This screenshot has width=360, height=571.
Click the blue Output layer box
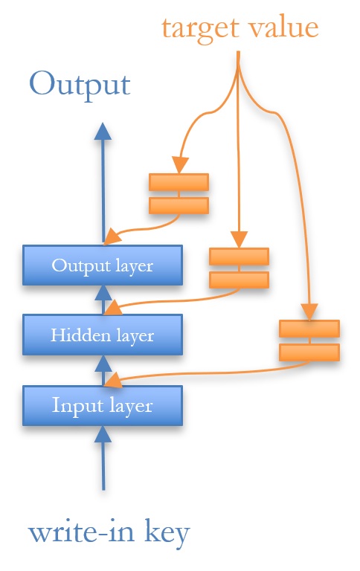102,265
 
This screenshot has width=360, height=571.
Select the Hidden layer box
102,335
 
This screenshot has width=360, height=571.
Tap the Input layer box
102,406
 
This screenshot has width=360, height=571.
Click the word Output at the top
80,83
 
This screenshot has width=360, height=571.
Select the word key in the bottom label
164,533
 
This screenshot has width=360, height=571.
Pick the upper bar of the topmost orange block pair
179,182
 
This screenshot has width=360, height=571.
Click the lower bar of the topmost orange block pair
179,205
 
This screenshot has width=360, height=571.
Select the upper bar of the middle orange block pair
239,257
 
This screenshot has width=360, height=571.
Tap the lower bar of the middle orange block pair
239,280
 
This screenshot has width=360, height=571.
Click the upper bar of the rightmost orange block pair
309,329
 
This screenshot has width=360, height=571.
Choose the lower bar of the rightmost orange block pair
309,352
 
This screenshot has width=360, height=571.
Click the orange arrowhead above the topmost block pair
179,164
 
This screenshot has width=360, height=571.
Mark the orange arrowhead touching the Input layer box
112,381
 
